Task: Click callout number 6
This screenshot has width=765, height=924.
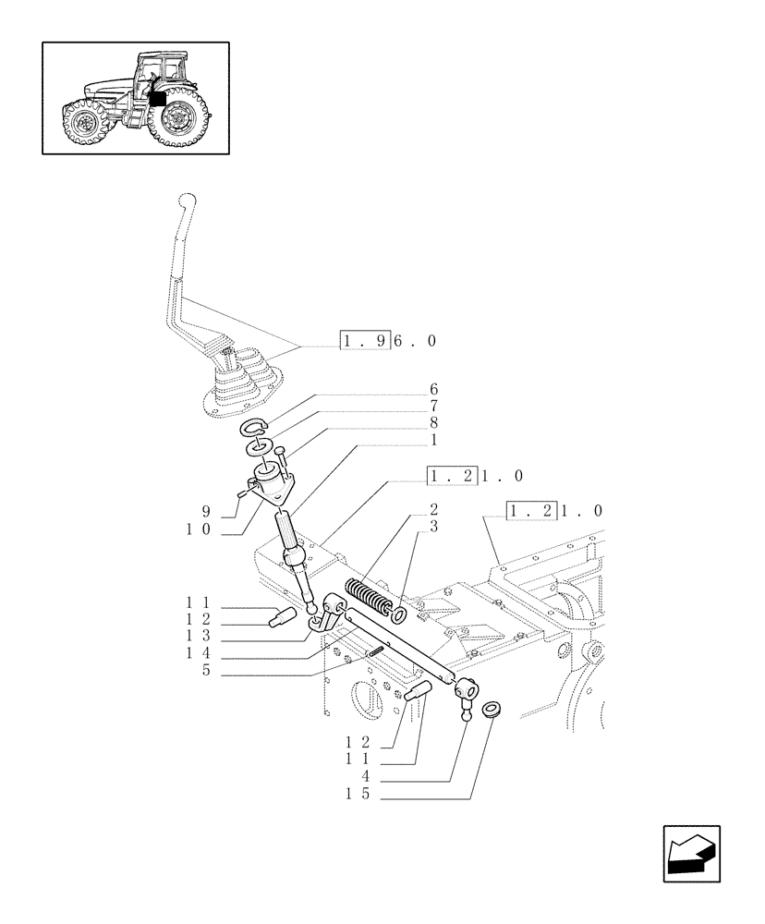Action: (433, 390)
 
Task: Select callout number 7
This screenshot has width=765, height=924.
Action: (433, 407)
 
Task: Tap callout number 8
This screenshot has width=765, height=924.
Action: (433, 423)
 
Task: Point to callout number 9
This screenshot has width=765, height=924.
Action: (208, 510)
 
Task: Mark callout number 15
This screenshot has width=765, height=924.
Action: (359, 795)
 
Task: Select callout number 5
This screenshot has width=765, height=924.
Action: (208, 671)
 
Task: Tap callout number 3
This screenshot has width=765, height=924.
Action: (433, 527)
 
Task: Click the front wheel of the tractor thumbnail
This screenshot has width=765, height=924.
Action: (84, 123)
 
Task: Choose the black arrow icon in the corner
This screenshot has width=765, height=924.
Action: (690, 853)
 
